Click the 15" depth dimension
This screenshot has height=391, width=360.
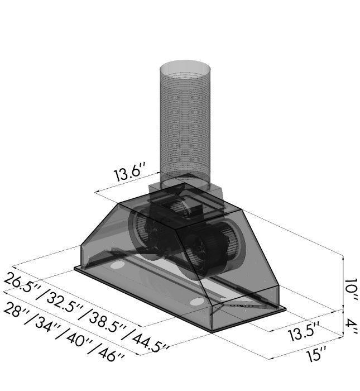[315, 355]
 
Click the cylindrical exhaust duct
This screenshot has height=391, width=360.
[185, 123]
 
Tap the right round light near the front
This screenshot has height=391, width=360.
[196, 302]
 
